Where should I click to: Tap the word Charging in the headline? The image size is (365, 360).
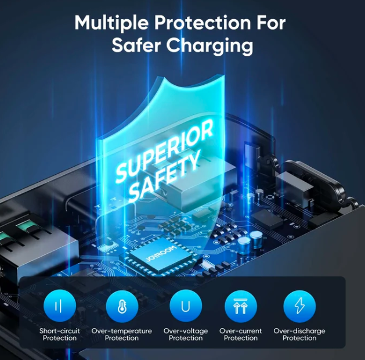[x=209, y=46]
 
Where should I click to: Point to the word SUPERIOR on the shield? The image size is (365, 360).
[x=164, y=151]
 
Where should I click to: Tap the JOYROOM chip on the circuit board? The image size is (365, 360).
[x=161, y=256]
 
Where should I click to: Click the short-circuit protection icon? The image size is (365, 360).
[x=60, y=306]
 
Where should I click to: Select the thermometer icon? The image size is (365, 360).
[x=122, y=306]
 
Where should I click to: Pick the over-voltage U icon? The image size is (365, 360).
[x=186, y=306]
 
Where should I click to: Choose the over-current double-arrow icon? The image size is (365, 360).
[x=241, y=306]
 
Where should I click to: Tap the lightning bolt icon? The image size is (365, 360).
[x=299, y=306]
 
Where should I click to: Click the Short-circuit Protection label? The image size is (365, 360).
[x=60, y=334]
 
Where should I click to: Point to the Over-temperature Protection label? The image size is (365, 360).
[x=122, y=334]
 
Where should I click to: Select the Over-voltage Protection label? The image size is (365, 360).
[x=186, y=334]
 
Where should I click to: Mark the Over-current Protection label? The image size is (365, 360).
[x=241, y=334]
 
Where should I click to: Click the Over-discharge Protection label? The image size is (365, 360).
[x=299, y=334]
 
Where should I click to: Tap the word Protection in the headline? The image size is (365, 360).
[x=203, y=23]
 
